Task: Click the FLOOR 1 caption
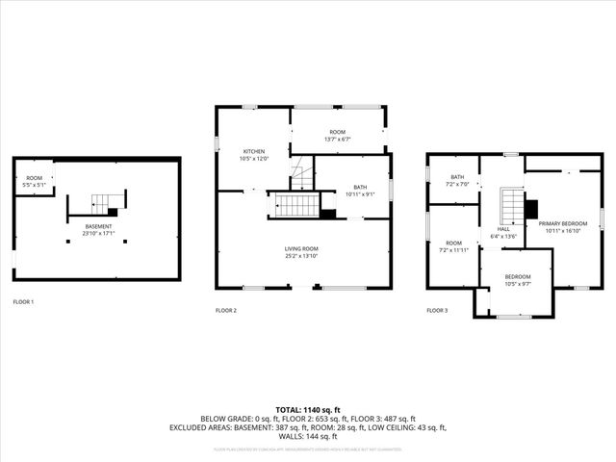coord(23,302)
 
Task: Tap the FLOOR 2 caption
coord(226,310)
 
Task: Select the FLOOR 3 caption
coord(437,310)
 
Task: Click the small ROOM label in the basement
coord(34,178)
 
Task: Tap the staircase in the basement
coord(102,204)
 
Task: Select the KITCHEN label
coord(254,151)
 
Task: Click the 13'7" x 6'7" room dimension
coord(337,139)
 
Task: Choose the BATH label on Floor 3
coord(457,177)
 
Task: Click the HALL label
coord(502,229)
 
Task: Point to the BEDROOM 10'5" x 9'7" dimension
coord(518,284)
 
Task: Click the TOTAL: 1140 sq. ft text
coord(308,410)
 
